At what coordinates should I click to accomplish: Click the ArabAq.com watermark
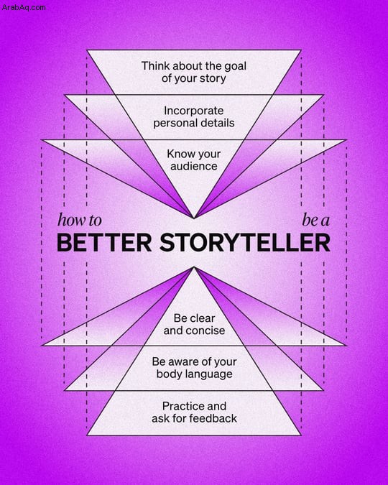pyautogui.click(x=24, y=7)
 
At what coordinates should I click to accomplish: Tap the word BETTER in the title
pyautogui.click(x=104, y=243)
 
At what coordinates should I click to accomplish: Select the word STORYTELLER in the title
pyautogui.click(x=245, y=243)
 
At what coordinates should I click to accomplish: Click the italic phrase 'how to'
pyautogui.click(x=80, y=221)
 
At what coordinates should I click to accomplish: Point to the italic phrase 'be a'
pyautogui.click(x=315, y=221)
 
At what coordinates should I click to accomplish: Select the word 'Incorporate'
pyautogui.click(x=194, y=111)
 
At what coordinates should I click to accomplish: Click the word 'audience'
pyautogui.click(x=194, y=167)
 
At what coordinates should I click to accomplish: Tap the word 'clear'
pyautogui.click(x=203, y=318)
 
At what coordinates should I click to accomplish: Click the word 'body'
pyautogui.click(x=168, y=374)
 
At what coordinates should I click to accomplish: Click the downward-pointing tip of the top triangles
pyautogui.click(x=194, y=218)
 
